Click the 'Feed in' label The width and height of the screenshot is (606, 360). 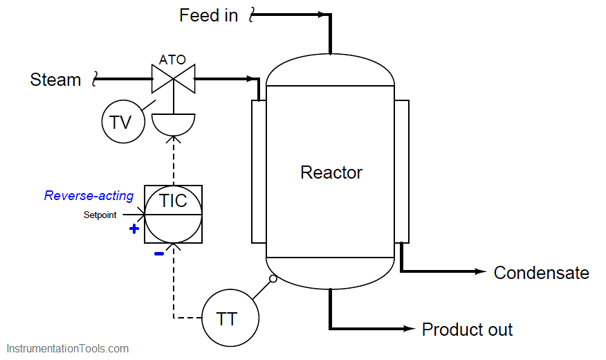(x=208, y=15)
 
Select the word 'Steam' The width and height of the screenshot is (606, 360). (x=55, y=80)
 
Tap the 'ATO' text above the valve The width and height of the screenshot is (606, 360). (x=172, y=60)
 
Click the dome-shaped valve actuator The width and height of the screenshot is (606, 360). (x=173, y=124)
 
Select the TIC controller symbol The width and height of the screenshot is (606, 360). (x=173, y=214)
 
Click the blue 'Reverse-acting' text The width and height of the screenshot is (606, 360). (x=89, y=196)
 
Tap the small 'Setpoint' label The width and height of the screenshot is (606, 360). (x=100, y=215)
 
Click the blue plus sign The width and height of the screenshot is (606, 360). (x=134, y=229)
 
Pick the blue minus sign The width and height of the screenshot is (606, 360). (x=158, y=254)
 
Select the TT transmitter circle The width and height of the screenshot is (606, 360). (x=230, y=318)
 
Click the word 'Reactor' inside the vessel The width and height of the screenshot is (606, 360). (x=331, y=172)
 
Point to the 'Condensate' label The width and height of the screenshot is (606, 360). (x=541, y=273)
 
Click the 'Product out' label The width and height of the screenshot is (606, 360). (x=467, y=329)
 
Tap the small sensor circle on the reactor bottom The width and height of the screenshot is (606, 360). (x=273, y=280)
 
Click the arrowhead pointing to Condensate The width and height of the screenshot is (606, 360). (x=481, y=272)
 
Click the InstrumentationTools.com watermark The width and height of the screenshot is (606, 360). (x=67, y=349)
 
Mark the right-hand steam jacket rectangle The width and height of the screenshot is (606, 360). (x=402, y=172)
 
